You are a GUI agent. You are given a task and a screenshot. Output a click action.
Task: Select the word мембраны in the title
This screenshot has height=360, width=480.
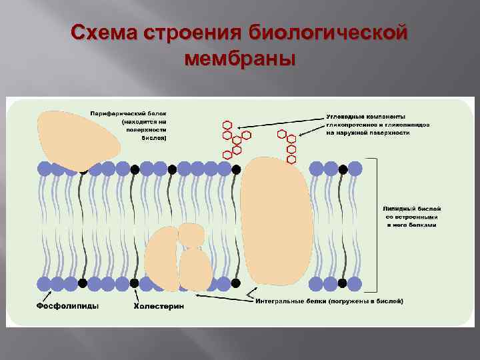click(239, 59)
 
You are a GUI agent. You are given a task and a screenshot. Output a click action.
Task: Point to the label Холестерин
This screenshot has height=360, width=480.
click(159, 306)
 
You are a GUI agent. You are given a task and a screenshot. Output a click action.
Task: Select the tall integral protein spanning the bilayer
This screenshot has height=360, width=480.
click(275, 220)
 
